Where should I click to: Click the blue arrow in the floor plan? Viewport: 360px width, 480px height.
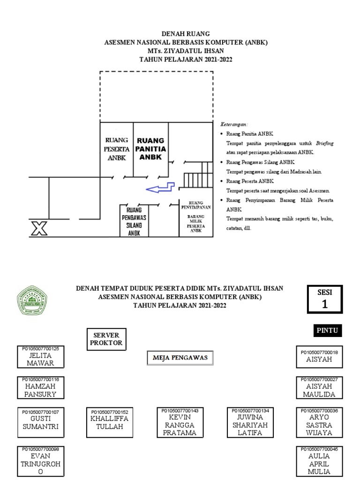(160, 188)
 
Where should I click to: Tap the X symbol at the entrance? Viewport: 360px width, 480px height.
(39, 228)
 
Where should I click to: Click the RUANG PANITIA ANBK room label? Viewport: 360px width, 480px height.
(150, 149)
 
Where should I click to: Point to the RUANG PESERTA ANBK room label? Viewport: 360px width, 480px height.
(117, 149)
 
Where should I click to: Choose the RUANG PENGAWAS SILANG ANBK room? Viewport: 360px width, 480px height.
(134, 220)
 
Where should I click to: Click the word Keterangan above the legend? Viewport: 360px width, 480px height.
(234, 125)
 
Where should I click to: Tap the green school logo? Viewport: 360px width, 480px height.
(32, 300)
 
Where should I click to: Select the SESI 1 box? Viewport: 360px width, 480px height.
(324, 299)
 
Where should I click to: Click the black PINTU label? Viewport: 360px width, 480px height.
(327, 330)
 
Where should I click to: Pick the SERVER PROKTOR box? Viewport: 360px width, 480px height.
(107, 339)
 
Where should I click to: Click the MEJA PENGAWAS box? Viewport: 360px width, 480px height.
(180, 358)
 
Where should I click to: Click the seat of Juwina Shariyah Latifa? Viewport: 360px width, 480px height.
(250, 422)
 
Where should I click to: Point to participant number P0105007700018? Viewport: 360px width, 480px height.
(319, 349)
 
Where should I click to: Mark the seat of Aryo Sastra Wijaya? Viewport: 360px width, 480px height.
(319, 422)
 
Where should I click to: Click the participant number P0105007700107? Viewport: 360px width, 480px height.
(40, 412)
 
